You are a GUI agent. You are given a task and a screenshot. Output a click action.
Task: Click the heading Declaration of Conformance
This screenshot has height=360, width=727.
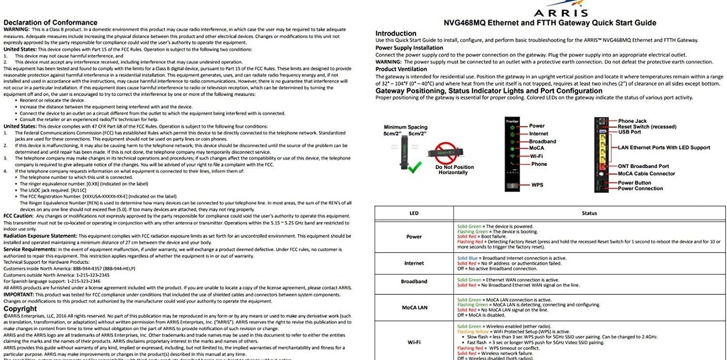click(50, 22)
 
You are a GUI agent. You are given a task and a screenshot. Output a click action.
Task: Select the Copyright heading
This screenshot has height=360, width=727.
click(20, 309)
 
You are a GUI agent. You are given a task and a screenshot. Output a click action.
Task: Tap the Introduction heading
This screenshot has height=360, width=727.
click(396, 33)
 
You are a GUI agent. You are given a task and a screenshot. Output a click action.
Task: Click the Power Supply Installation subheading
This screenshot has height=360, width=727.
click(409, 48)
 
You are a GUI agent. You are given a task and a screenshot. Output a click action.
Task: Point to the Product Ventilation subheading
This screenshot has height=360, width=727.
click(401, 69)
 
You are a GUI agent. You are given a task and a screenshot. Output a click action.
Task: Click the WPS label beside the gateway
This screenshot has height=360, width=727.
click(537, 185)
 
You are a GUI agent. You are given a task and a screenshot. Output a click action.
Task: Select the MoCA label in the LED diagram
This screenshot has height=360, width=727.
click(536, 148)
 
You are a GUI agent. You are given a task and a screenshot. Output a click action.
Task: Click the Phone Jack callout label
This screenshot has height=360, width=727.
click(632, 121)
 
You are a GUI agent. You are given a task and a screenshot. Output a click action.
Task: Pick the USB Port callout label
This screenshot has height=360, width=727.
click(629, 132)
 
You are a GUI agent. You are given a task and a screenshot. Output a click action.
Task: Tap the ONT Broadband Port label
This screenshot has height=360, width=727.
click(643, 166)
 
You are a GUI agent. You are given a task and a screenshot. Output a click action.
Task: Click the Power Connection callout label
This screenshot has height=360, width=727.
click(640, 189)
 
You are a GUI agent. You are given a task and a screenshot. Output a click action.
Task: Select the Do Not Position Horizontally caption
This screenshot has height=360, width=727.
click(454, 170)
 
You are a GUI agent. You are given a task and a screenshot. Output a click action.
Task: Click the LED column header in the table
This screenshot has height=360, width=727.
click(414, 213)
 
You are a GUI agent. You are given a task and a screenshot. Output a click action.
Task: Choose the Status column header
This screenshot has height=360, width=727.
click(589, 213)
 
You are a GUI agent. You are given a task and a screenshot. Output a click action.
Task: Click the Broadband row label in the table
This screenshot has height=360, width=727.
click(414, 282)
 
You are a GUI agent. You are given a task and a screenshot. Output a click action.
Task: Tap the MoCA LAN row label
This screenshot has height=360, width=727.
click(414, 308)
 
